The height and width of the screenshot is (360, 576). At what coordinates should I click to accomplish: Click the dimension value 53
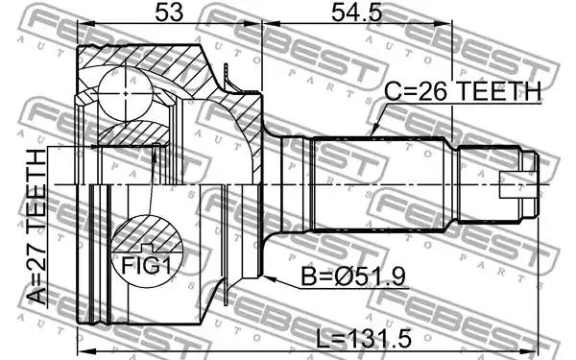(169, 12)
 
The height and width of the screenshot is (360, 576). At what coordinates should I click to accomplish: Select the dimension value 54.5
(357, 12)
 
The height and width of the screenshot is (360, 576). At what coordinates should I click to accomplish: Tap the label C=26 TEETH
(463, 91)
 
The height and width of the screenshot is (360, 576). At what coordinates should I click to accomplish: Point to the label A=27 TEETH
(37, 228)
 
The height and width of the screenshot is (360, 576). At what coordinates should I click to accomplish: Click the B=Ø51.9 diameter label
(353, 276)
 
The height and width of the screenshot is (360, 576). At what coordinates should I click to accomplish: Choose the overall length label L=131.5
(364, 339)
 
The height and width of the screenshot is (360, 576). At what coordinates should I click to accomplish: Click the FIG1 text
(146, 266)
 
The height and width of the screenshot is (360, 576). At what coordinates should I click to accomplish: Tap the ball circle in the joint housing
(126, 94)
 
